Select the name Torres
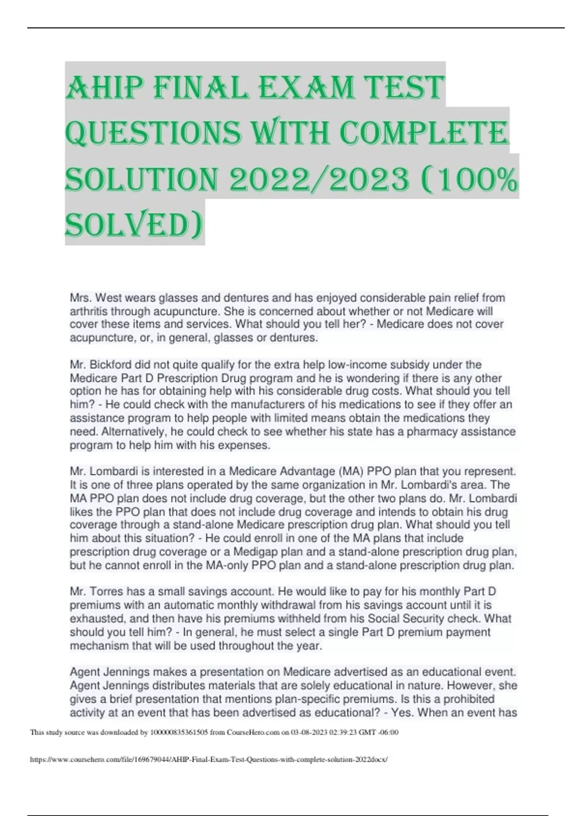pyautogui.click(x=108, y=592)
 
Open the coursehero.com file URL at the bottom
pyautogui.click(x=208, y=760)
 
